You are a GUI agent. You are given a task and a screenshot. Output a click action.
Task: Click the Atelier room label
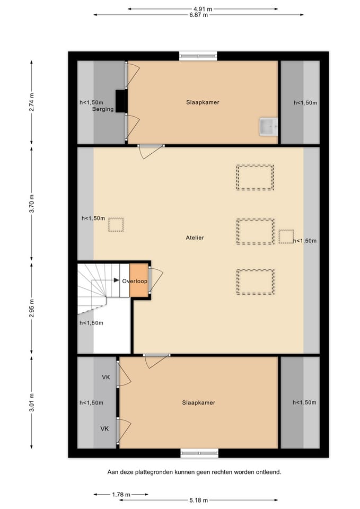[x=195, y=238]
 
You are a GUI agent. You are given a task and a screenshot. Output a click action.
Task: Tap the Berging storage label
[x=103, y=109]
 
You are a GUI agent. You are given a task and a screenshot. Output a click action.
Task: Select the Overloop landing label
[x=135, y=281]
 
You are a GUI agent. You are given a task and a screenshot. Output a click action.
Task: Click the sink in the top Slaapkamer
[x=268, y=127]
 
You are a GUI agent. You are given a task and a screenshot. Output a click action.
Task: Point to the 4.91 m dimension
[x=203, y=9]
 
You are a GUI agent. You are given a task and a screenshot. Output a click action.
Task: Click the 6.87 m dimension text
[x=199, y=15]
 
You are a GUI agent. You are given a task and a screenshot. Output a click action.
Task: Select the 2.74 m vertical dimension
[x=31, y=102]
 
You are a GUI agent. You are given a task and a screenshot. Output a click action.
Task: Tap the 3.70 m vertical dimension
[x=31, y=204]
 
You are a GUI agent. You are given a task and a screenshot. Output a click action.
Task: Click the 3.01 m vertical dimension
[x=31, y=402]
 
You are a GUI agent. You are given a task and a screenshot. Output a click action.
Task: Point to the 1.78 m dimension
[x=121, y=494]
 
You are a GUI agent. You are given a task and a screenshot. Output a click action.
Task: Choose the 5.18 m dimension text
[x=199, y=500]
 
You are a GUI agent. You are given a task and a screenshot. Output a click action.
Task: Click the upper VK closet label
[x=106, y=377]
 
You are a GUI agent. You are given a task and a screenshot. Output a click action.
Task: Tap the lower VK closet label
[x=104, y=429]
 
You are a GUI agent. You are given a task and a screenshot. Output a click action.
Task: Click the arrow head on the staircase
[x=116, y=280]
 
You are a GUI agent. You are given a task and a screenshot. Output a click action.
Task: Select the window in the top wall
[x=198, y=56]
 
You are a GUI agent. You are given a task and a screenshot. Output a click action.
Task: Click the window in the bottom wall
[x=199, y=453]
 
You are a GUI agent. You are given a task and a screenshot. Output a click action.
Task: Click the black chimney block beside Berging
[x=121, y=101]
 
